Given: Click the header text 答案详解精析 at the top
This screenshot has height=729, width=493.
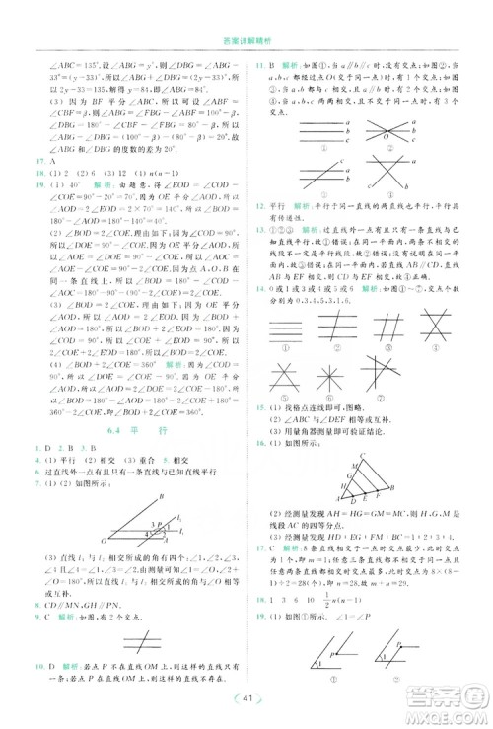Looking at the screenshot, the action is point(246,40).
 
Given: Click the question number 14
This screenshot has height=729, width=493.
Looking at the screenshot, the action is point(259,288).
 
